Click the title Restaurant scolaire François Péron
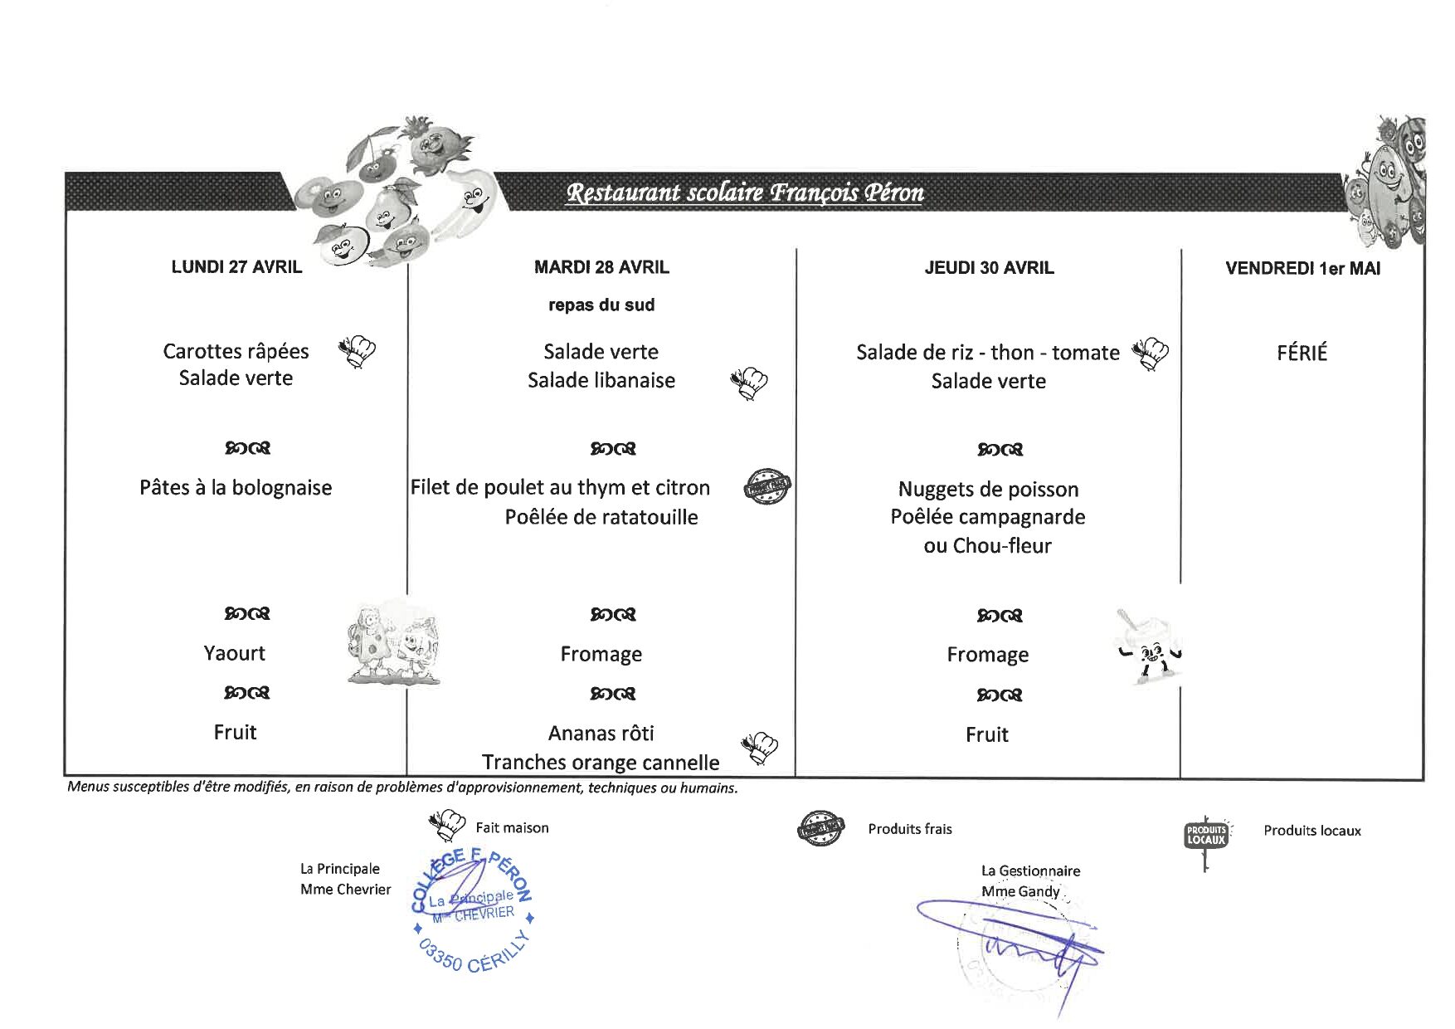(744, 193)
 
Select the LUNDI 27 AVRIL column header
(236, 267)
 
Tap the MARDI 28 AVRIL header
(601, 267)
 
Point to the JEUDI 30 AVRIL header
(989, 268)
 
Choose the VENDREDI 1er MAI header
(1302, 269)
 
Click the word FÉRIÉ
(1302, 354)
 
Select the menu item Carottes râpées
(236, 351)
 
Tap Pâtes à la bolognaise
(236, 488)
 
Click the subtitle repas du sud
(601, 305)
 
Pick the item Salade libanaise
(601, 380)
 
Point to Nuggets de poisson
(988, 490)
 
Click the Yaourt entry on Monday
(235, 653)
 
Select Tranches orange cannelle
(601, 762)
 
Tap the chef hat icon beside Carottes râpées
(358, 352)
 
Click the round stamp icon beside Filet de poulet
(767, 487)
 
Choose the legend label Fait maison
(512, 827)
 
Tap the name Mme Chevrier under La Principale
(345, 890)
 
